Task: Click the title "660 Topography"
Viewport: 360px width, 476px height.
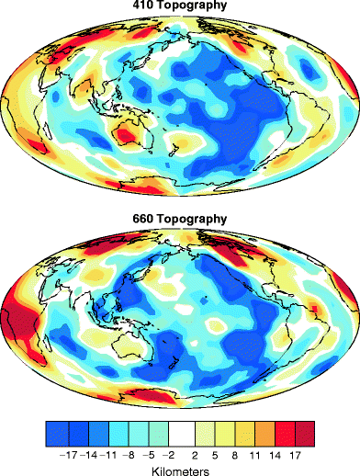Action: coord(180,221)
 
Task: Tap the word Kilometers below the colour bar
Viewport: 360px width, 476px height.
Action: coord(181,469)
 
